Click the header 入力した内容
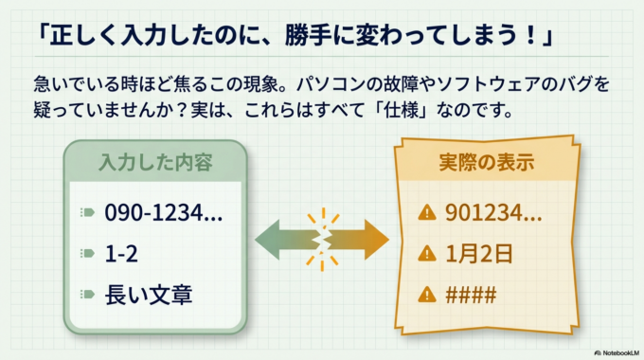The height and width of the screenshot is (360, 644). tap(155, 162)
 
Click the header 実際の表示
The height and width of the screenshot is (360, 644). tap(487, 162)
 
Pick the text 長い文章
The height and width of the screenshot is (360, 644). tap(149, 295)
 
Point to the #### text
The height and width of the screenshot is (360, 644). tap(471, 295)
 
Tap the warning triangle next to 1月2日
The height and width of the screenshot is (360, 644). tap(427, 253)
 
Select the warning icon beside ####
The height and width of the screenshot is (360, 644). tap(427, 295)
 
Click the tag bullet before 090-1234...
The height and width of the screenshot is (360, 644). tap(88, 213)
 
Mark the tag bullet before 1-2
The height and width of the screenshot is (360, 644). tap(88, 254)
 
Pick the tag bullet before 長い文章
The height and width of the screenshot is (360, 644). tap(88, 296)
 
